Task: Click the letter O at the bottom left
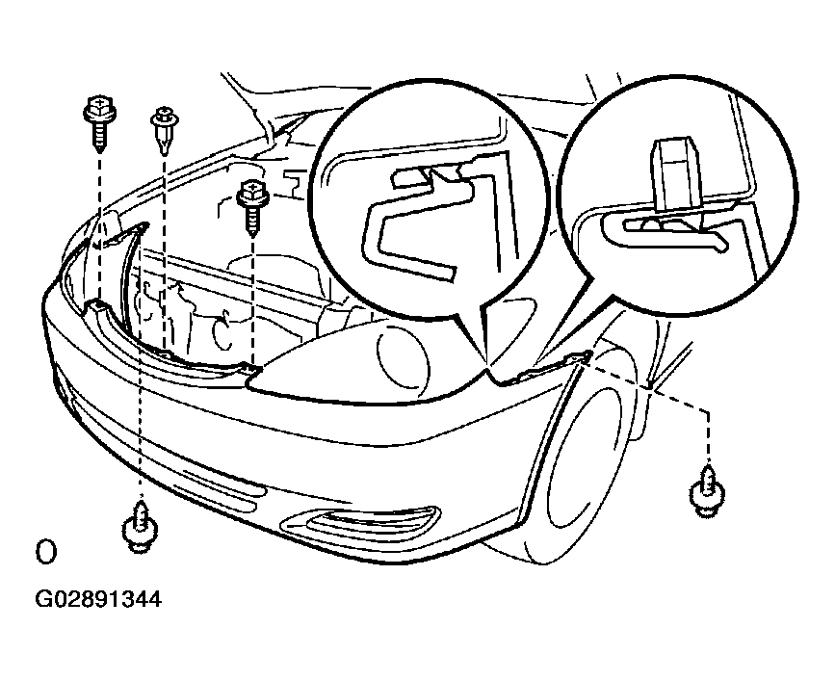(46, 552)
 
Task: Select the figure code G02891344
(98, 600)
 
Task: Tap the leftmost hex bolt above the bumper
(99, 120)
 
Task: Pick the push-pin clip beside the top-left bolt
(165, 129)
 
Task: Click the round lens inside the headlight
(403, 355)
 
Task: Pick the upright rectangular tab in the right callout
(676, 173)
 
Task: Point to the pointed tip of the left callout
(486, 366)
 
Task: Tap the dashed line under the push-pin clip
(164, 253)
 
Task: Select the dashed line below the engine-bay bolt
(252, 301)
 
